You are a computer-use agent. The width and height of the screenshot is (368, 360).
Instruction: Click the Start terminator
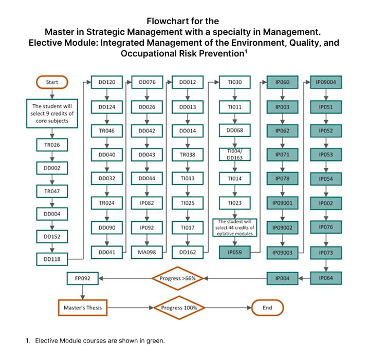pos(51,82)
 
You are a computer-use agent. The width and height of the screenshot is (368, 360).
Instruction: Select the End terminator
pos(267,308)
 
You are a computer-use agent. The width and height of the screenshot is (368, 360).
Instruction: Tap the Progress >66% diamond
pos(177,278)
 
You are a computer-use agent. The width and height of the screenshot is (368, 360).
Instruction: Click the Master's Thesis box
pos(83,308)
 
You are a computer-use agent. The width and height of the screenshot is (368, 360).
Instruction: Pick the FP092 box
pos(83,278)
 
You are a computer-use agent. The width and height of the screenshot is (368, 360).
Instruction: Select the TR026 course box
pos(51,145)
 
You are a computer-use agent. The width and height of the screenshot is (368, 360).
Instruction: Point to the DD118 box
pos(51,259)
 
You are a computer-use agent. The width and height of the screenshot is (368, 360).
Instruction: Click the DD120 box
pos(106,82)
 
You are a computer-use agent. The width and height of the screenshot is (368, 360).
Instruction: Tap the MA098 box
pos(147,252)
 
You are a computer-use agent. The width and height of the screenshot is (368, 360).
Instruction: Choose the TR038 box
pos(187,155)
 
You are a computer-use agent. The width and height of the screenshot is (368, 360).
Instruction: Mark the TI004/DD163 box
pos(234,155)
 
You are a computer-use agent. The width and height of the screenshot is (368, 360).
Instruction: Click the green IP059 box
pos(234,252)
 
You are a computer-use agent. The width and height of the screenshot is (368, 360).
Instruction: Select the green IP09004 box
pos(325,82)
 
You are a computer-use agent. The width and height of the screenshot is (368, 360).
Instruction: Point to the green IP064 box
pos(325,278)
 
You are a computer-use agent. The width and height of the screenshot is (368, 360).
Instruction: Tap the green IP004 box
pos(282,278)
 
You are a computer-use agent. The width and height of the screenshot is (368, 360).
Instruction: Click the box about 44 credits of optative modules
pos(234,227)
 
